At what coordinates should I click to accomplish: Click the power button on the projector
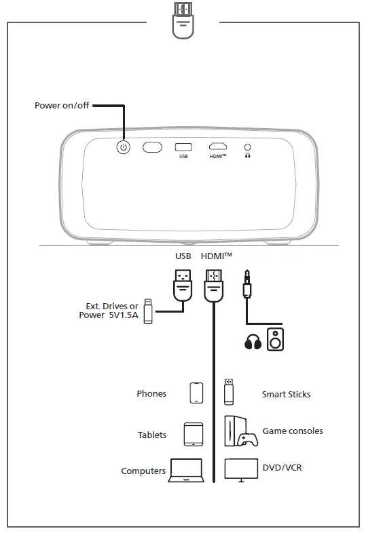point(123,146)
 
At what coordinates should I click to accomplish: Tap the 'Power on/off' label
point(62,106)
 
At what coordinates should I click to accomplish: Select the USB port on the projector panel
point(183,146)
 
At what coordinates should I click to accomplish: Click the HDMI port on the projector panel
point(217,146)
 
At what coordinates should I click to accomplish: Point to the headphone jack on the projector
point(247,146)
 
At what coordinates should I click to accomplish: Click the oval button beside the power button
point(152,146)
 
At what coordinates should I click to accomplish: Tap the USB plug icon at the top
point(182,20)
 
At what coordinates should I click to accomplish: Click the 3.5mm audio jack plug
point(246,283)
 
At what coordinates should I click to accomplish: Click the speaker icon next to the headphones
point(276,339)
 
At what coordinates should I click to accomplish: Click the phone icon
point(196,393)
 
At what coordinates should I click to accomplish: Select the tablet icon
point(194,434)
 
